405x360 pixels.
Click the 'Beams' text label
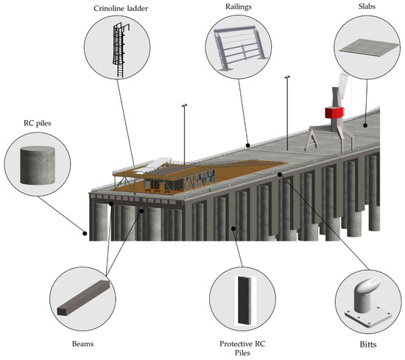pos(80,343)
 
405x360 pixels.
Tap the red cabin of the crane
pos(334,113)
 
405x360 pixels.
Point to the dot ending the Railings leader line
pos(247,145)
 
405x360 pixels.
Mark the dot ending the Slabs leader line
pos(364,125)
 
